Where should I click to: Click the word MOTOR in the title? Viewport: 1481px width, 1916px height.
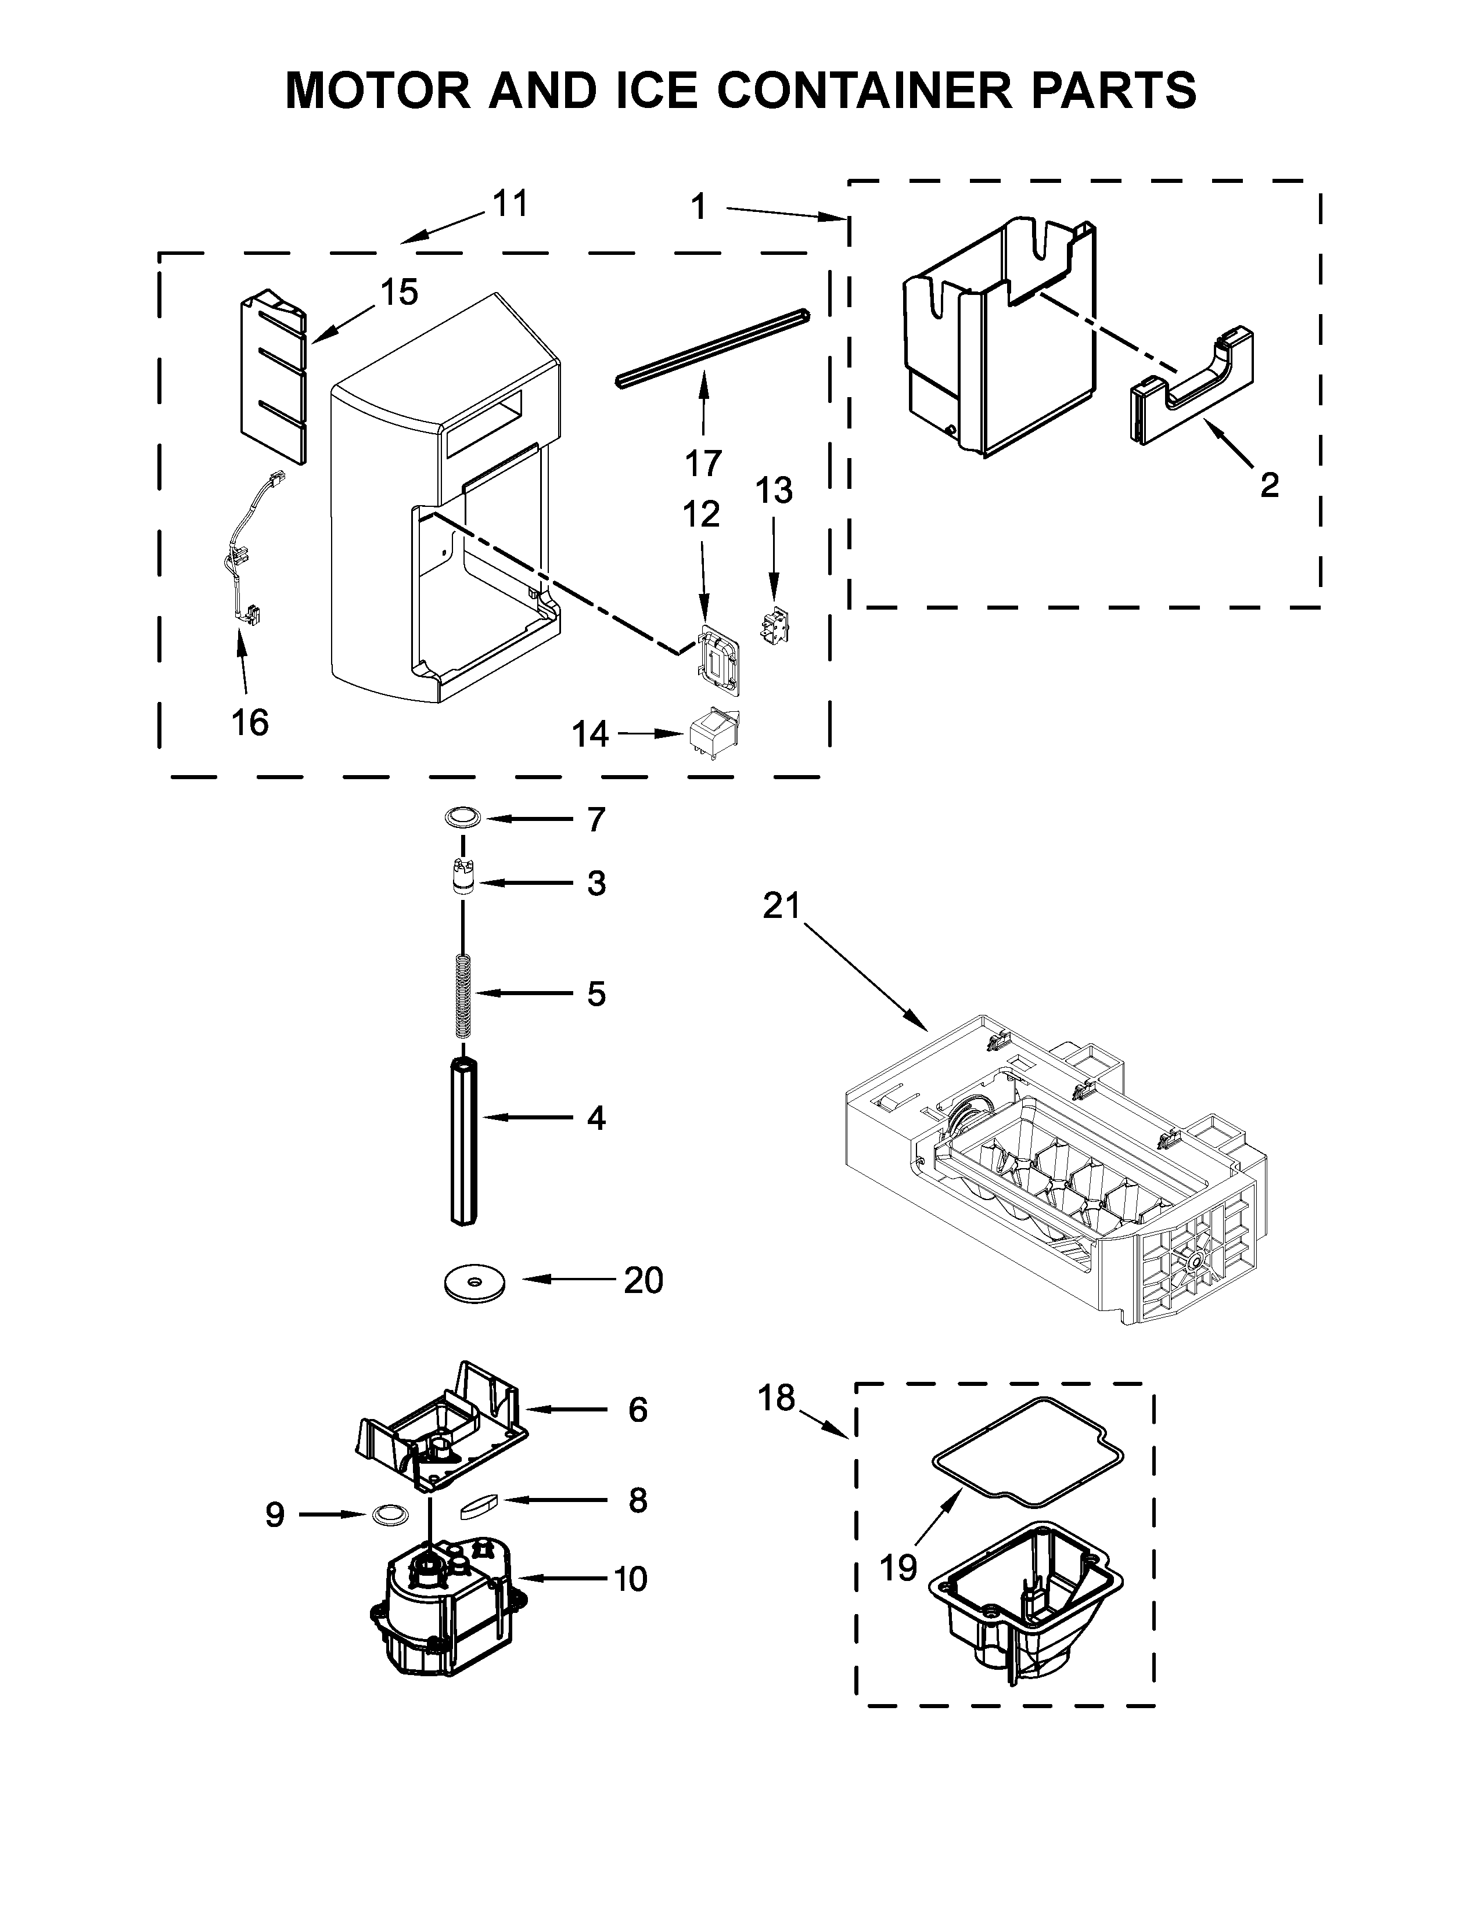click(379, 91)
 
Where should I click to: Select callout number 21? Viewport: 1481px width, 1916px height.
click(781, 905)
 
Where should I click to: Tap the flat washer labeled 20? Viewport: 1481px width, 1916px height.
click(475, 1284)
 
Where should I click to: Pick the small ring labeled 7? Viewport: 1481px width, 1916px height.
click(462, 819)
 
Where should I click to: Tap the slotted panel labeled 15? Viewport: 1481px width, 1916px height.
click(274, 377)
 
